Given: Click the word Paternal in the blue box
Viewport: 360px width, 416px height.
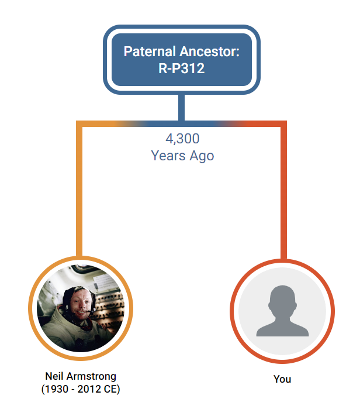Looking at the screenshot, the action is [150, 51].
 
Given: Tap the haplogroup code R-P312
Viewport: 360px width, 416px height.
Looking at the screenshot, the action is [182, 68].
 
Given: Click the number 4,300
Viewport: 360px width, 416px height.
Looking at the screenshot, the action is [182, 139].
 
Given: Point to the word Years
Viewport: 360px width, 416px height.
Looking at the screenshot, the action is [168, 156].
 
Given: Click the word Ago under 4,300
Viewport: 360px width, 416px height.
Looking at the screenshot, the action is [202, 156].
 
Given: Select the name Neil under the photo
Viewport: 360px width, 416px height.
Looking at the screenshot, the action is [54, 376].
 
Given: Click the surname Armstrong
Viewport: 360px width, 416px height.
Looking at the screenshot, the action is [91, 377].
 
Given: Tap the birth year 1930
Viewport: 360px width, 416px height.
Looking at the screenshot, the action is [57, 389].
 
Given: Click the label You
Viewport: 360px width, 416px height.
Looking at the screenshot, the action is [282, 379].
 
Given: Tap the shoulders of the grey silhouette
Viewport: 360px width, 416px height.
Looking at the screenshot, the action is [282, 328].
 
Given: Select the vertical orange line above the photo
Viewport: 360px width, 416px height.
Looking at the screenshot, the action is [79, 191].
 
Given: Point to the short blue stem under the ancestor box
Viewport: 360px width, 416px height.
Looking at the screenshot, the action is [182, 108].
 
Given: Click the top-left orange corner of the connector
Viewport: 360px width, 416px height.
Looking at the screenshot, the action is [79, 124].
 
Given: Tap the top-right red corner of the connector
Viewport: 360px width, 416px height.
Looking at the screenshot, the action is [283, 124].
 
